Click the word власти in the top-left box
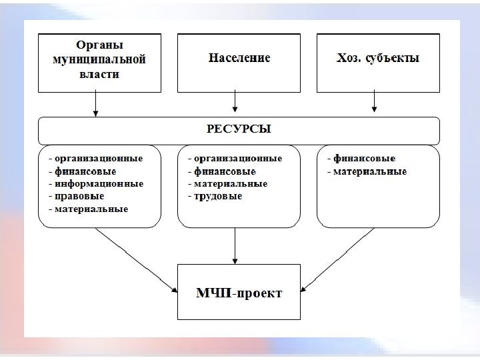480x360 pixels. point(99,75)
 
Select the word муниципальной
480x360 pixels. point(99,59)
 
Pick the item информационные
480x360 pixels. point(99,183)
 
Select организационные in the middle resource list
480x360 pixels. point(238,159)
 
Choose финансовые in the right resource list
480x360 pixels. point(364,159)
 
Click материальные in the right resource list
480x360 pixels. point(370,171)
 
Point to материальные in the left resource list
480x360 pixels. point(91,209)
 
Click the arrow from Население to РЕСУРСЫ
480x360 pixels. point(235,102)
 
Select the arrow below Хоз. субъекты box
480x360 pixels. point(374,102)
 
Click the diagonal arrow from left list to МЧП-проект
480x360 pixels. point(137,260)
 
